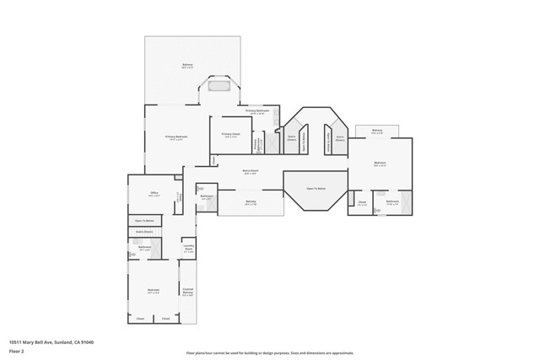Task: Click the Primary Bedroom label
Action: [x=175, y=137]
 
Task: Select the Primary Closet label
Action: [x=231, y=135]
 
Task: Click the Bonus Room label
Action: [x=250, y=172]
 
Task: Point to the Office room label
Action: [x=154, y=193]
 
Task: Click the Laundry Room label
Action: [x=189, y=250]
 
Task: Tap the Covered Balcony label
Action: [x=188, y=292]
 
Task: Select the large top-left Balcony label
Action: [x=187, y=66]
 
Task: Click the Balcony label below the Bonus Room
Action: [x=251, y=202]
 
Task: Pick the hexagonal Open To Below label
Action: [x=316, y=188]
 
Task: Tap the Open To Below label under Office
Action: [x=144, y=221]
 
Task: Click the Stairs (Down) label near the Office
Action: [x=144, y=231]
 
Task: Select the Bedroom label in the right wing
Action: [x=380, y=164]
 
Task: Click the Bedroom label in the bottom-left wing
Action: [x=154, y=292]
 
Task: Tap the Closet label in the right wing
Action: [x=361, y=202]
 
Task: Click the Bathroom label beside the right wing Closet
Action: [x=392, y=201]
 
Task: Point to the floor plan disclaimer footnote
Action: [x=270, y=352]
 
